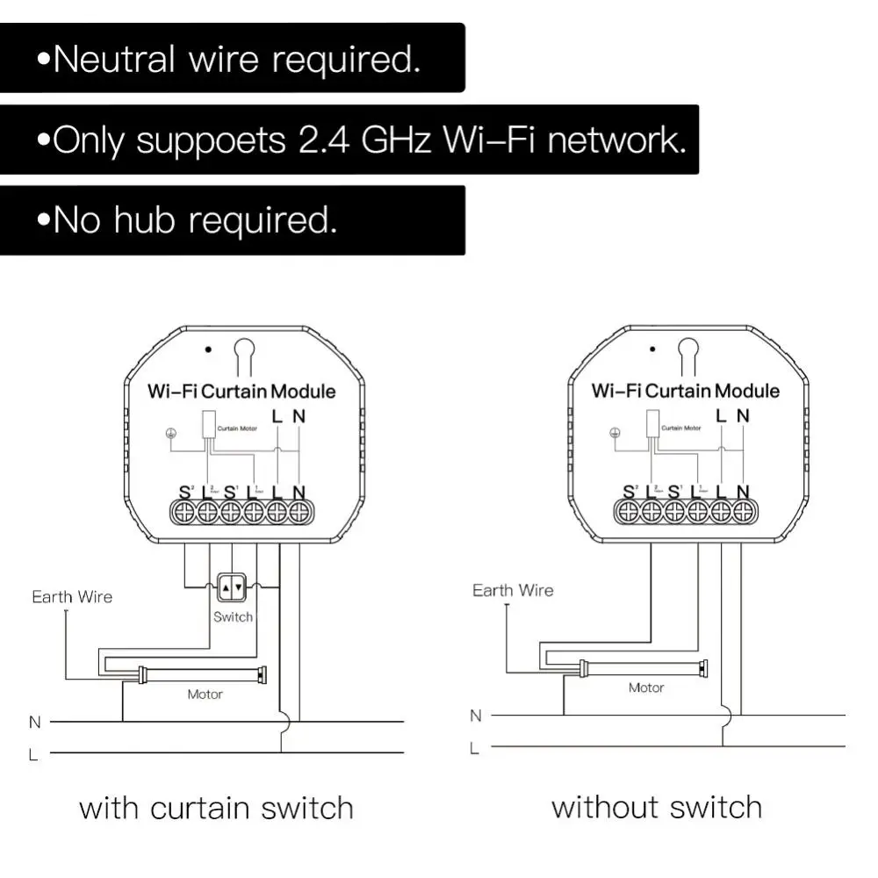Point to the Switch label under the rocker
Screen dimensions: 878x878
coord(233,616)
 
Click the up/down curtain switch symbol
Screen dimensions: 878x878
coord(231,587)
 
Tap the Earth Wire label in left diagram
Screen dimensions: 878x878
coord(72,597)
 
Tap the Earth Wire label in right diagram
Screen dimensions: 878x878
coord(513,590)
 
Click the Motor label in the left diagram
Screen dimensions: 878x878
coord(205,694)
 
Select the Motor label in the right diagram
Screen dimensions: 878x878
coord(645,687)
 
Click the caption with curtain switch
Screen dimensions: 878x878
coord(216,808)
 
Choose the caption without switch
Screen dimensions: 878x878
coord(656,807)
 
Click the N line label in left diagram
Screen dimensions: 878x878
coord(35,723)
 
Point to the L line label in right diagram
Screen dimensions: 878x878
coord(475,748)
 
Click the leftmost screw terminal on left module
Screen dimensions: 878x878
coord(184,511)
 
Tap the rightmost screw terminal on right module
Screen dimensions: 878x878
coord(743,511)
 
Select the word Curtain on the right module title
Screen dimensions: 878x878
coord(677,391)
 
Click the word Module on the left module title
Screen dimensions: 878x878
coord(303,392)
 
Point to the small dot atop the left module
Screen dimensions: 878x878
coord(208,349)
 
